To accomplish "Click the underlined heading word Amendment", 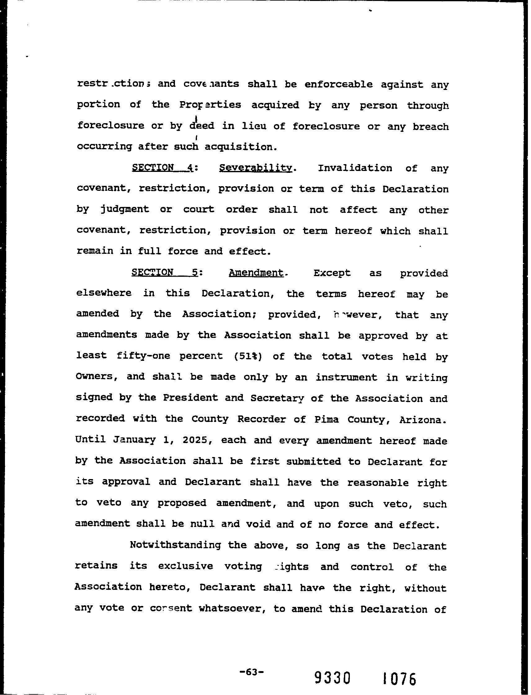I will click(x=256, y=272).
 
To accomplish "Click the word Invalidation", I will click(x=355, y=168).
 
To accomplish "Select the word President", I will click(x=190, y=398).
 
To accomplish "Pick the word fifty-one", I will click(x=143, y=356).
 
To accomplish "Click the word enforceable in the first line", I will click(x=338, y=84).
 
